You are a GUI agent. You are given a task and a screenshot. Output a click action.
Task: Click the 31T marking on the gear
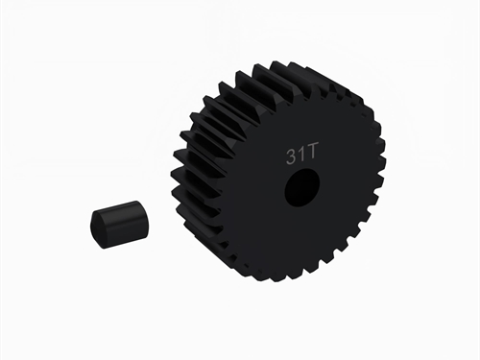click(x=300, y=154)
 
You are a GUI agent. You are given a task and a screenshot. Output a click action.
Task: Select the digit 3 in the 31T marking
click(x=290, y=154)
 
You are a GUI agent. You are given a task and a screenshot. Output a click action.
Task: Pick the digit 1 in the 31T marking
click(x=300, y=154)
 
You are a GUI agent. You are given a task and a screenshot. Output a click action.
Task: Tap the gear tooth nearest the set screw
click(x=182, y=206)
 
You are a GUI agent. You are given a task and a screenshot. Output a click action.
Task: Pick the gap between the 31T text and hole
click(x=300, y=167)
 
